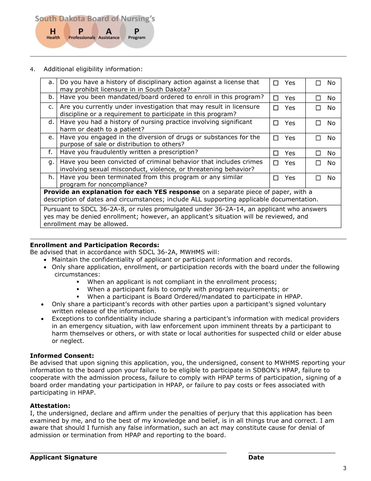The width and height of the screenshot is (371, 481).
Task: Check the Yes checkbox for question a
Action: click(276, 83)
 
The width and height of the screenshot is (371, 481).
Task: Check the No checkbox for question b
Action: click(318, 98)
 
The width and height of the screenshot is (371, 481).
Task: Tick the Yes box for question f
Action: click(276, 153)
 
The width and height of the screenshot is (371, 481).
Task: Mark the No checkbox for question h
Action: click(318, 178)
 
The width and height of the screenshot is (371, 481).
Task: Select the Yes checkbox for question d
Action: click(276, 123)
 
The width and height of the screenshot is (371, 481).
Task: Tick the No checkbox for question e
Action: click(318, 138)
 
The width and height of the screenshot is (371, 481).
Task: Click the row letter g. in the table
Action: click(51, 162)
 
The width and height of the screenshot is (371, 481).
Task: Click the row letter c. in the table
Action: click(51, 107)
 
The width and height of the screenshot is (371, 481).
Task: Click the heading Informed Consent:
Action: click(62, 356)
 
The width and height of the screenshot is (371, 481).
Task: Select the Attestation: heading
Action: click(50, 406)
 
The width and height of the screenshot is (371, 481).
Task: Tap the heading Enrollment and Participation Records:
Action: click(95, 245)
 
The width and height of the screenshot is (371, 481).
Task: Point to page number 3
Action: click(344, 468)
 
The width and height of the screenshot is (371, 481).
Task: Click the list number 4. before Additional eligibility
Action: click(32, 70)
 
